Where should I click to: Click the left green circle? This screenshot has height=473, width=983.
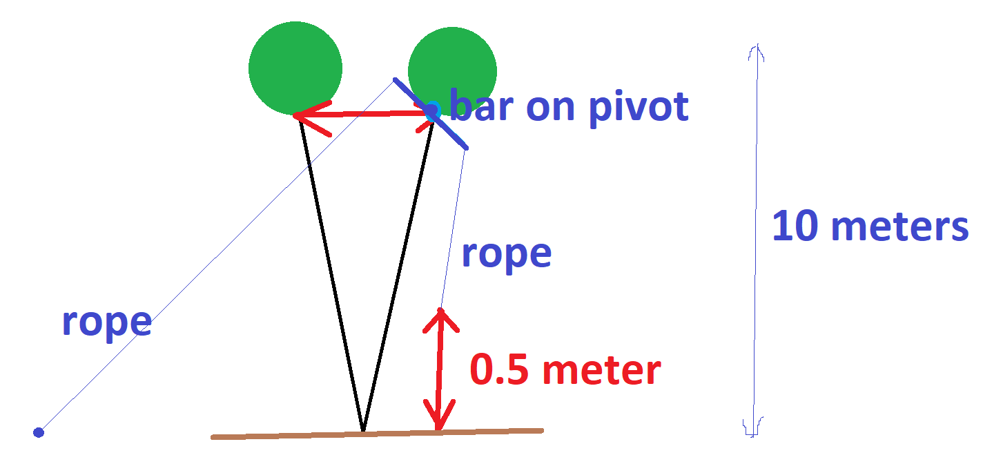295,68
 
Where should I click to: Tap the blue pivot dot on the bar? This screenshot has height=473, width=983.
431,110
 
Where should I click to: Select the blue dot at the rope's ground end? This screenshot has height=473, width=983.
39,432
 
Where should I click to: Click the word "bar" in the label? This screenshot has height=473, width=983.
483,107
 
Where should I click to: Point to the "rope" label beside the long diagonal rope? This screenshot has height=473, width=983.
106,322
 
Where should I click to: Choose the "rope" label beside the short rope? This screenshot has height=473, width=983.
506,253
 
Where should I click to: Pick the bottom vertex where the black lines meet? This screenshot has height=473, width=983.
363,431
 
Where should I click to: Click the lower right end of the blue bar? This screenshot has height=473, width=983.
466,148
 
